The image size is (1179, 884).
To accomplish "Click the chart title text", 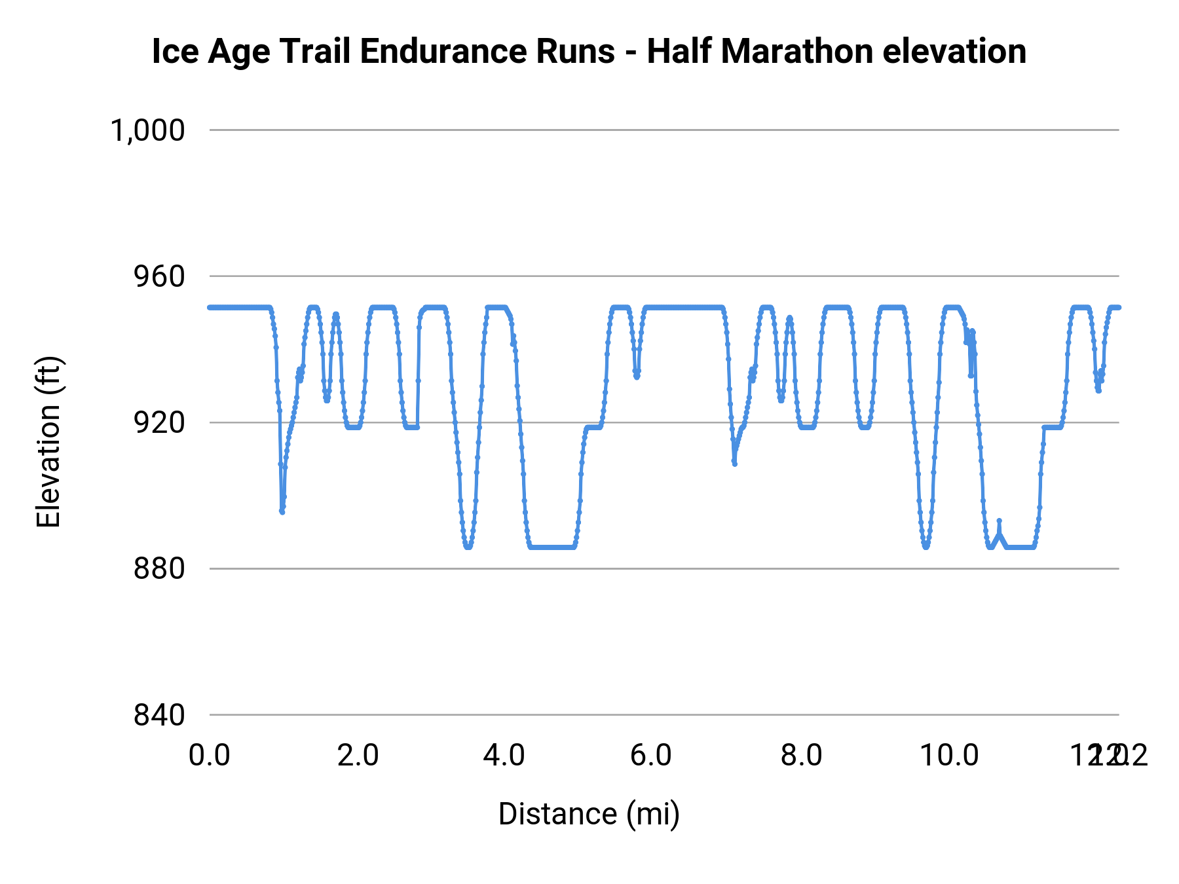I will point(589,51).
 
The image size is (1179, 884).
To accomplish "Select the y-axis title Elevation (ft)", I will point(48,441).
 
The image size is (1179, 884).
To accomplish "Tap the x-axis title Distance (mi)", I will point(589,814).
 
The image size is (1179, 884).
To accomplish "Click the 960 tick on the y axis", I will point(159,276).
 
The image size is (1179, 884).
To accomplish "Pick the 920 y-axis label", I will point(159,422).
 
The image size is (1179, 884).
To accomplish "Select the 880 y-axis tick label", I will point(159,568).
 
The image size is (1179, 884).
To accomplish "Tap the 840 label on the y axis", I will point(159,714).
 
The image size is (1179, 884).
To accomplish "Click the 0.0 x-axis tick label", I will point(210,756).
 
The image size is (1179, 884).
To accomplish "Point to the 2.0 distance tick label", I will point(358,756).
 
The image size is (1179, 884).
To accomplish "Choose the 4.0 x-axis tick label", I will point(504,756).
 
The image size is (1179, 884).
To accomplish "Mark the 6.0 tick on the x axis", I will point(651,756).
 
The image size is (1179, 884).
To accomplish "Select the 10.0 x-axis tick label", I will point(949,756).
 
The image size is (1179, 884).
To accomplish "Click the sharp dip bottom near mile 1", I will point(282,512).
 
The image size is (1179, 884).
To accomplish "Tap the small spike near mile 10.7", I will point(999,521).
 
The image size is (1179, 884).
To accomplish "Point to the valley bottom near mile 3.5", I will point(468,547).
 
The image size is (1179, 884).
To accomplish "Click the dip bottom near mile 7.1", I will point(735,464).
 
